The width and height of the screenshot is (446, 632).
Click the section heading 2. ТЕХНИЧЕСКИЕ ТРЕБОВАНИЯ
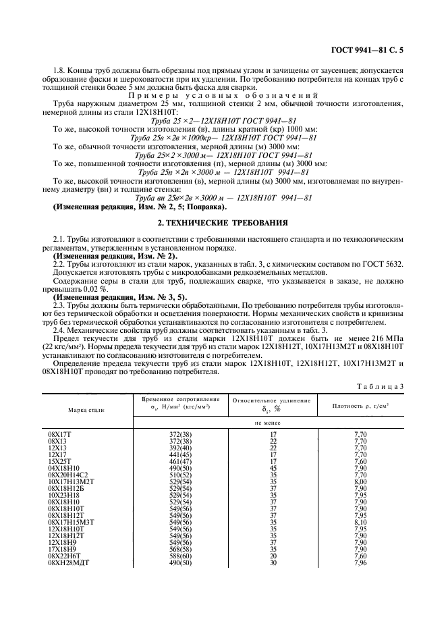click(223, 222)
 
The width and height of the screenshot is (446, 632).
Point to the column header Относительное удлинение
click(272, 400)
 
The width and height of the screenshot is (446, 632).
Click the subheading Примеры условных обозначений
click(222, 95)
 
